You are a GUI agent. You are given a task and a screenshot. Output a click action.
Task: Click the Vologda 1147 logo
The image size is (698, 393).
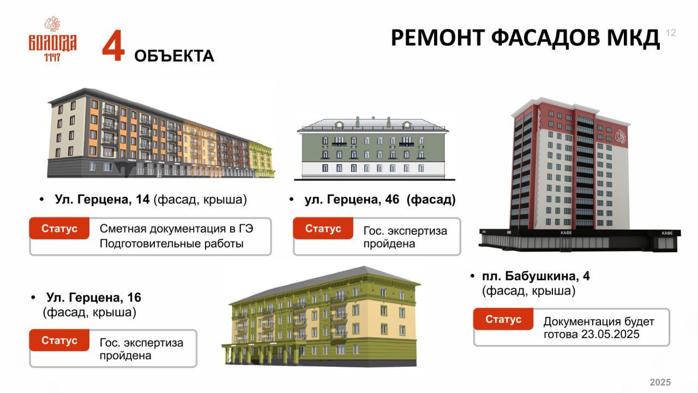coord(53,39)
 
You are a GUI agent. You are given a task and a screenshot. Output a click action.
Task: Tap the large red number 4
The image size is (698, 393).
coord(113,45)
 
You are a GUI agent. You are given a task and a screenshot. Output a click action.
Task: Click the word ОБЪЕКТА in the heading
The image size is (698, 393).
coord(174,56)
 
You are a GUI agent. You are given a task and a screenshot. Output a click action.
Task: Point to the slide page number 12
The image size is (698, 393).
coord(671,33)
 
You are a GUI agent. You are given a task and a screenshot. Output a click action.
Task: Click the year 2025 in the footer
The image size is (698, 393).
coord(660,382)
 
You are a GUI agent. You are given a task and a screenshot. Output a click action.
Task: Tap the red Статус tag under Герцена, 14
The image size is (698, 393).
coord(59,228)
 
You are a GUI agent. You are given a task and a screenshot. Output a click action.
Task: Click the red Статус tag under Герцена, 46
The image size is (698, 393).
coord(323,228)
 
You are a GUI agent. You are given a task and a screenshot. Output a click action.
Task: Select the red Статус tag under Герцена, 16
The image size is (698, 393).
coord(59,340)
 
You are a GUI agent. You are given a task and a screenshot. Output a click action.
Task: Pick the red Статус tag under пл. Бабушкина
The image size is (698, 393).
coord(503,319)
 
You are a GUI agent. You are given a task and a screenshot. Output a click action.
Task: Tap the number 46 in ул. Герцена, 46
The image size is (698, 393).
coord(392,199)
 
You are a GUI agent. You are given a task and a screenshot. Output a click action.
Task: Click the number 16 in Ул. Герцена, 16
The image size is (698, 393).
coord(134,297)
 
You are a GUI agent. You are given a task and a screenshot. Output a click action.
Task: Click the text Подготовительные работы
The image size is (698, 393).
coord(171,243)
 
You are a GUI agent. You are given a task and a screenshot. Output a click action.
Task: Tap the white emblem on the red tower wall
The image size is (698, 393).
coord(621,136)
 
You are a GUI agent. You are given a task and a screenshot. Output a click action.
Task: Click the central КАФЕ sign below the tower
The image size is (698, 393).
coord(566,233)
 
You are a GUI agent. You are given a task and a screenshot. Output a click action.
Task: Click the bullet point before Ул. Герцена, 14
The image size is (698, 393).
coord(42,199)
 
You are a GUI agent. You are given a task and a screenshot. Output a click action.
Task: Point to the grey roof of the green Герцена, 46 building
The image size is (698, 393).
coord(372,125)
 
